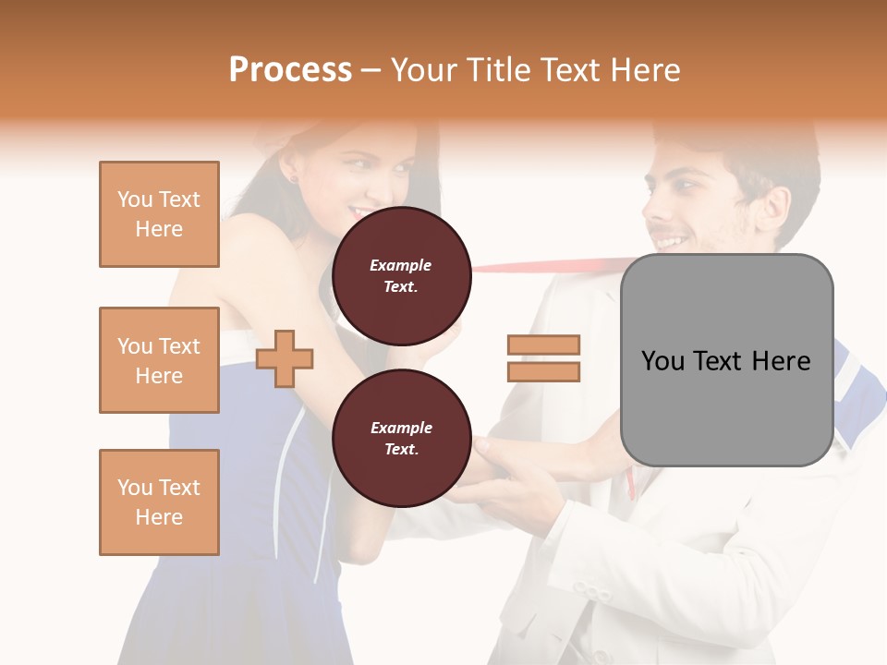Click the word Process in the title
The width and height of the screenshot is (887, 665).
point(290,69)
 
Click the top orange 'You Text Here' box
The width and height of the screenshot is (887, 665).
point(159,214)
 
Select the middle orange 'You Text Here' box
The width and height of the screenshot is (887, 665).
point(159,360)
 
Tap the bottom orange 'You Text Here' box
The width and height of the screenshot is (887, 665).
point(159,502)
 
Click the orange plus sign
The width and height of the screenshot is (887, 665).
point(285,357)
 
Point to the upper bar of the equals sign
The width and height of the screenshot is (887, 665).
point(544,345)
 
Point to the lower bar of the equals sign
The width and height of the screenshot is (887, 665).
point(544,371)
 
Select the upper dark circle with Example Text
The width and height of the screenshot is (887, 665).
point(401,275)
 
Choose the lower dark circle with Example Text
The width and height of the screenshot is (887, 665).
point(401,438)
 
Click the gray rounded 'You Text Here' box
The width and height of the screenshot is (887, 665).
point(726,360)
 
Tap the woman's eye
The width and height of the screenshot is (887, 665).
point(355,163)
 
